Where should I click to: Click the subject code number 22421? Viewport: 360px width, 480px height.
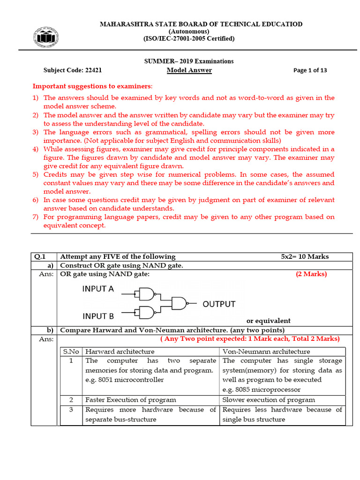click(93, 70)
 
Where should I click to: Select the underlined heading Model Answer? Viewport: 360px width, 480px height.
click(189, 70)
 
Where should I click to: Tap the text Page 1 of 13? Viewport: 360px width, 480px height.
click(310, 70)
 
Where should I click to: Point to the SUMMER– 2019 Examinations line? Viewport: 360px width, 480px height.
click(188, 61)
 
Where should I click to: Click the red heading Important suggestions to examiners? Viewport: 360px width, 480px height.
click(92, 86)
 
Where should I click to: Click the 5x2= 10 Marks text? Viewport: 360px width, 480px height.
click(305, 256)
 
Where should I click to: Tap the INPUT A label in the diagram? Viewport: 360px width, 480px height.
click(98, 289)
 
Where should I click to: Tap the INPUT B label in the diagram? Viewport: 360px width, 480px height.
click(98, 315)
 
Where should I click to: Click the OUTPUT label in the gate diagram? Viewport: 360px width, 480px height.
click(219, 304)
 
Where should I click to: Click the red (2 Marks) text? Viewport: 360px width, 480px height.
click(311, 274)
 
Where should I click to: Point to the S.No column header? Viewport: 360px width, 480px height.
click(71, 351)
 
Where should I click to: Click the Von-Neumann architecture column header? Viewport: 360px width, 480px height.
click(266, 351)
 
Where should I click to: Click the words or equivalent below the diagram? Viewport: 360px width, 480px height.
click(268, 321)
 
